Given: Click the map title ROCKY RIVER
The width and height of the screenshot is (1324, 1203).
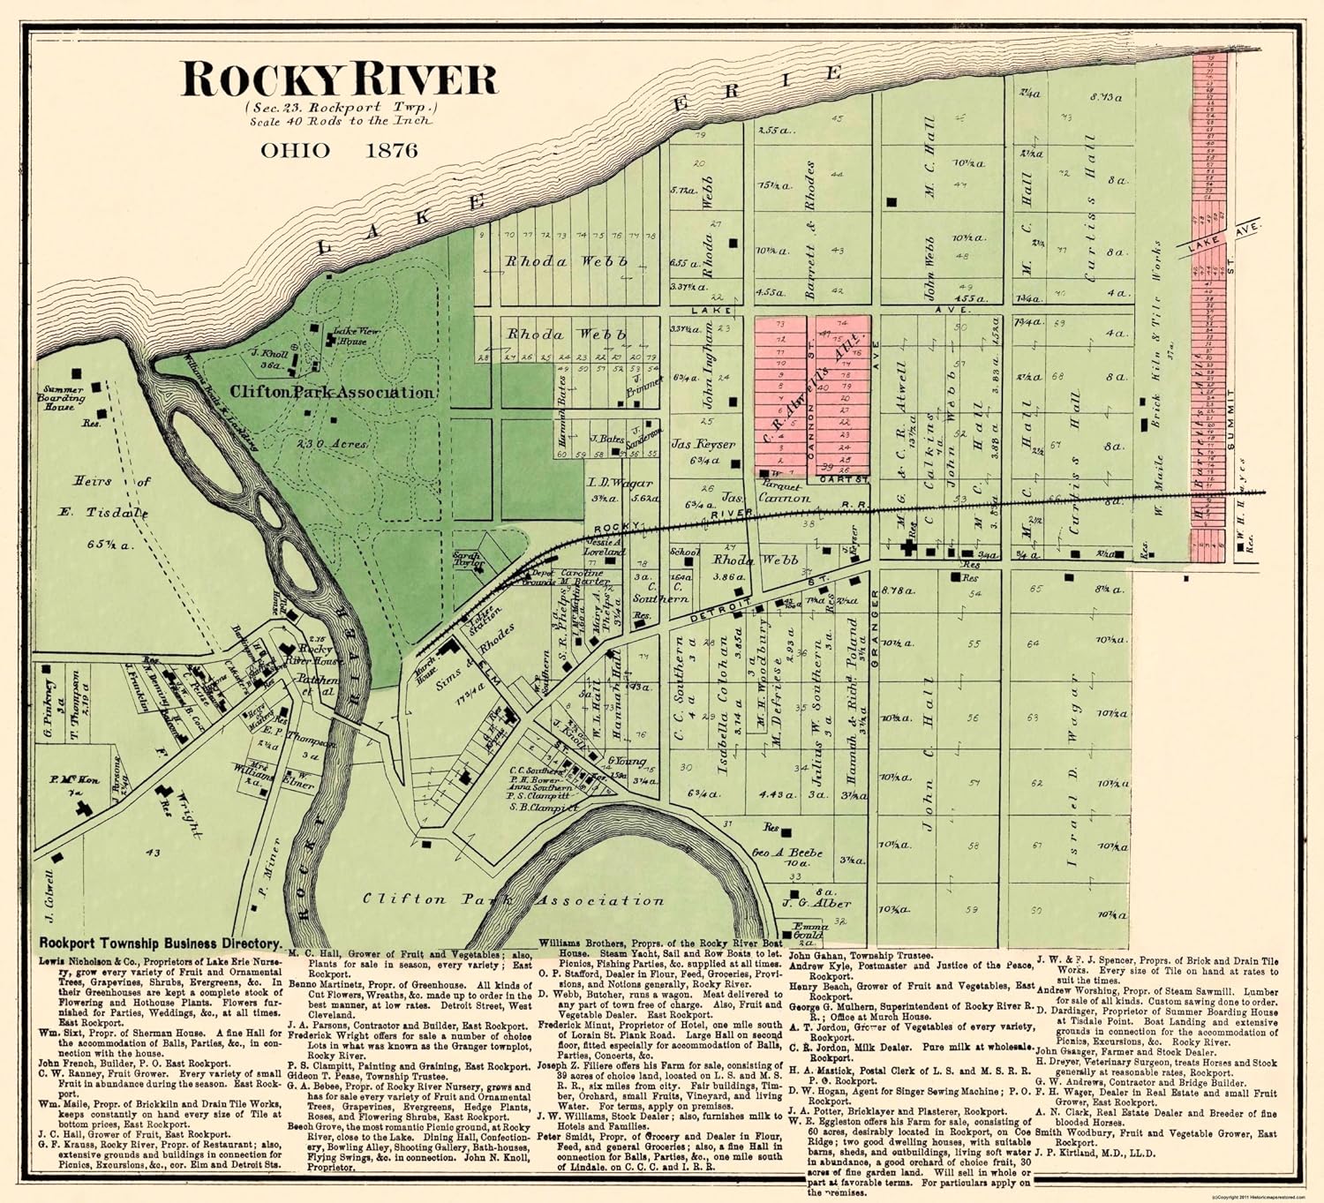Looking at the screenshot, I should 339,79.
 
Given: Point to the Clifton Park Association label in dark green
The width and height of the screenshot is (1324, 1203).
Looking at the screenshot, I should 332,393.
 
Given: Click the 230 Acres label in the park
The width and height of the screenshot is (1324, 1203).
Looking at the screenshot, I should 332,444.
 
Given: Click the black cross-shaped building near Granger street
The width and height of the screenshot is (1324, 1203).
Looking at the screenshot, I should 908,547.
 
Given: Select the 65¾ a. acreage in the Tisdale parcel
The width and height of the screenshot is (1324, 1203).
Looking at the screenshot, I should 110,545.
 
